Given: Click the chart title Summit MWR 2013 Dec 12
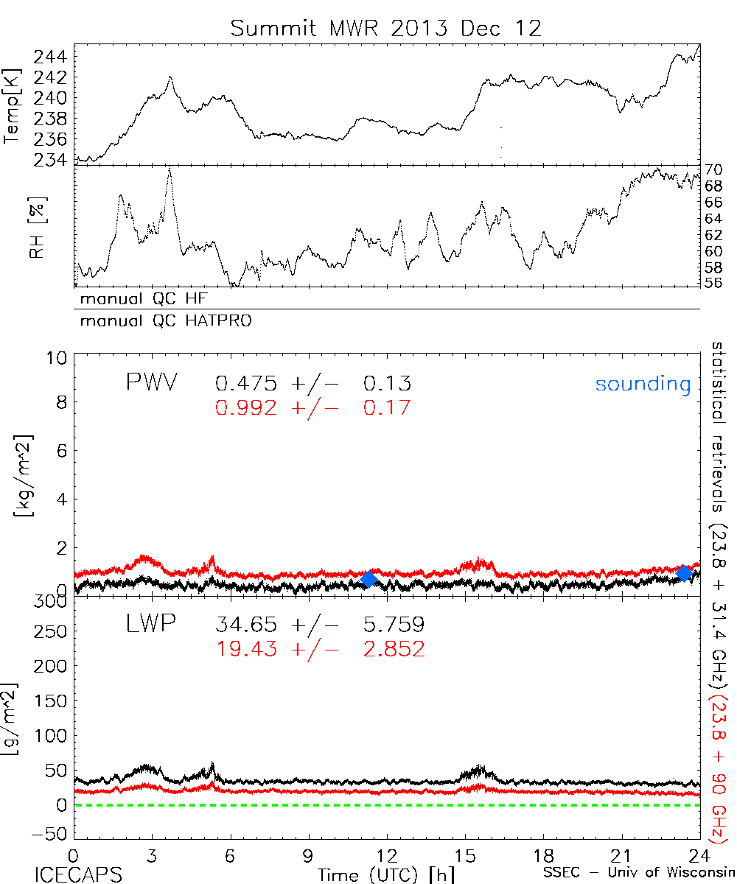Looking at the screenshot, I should [386, 28].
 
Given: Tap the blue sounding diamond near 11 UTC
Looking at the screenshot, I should [369, 579].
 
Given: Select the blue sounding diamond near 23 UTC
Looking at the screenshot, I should [685, 572].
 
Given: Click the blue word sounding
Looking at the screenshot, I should [643, 384].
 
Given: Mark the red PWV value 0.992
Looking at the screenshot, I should [246, 407].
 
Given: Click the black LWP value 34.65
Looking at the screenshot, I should [246, 625].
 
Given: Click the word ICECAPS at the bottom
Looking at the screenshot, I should [78, 874].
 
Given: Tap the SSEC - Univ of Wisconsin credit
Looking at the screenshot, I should [638, 874].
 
